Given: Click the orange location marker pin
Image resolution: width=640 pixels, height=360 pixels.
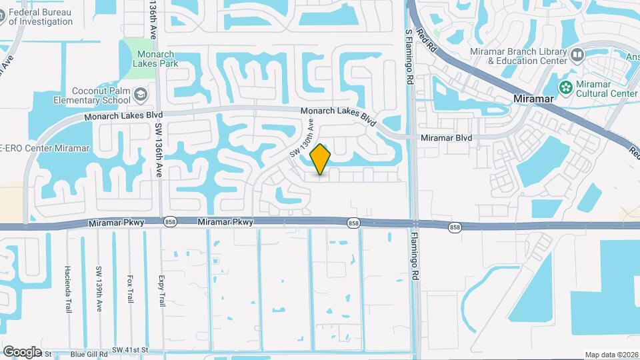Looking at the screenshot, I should pyautogui.click(x=321, y=159).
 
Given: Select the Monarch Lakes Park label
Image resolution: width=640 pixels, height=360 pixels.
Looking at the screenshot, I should pyautogui.click(x=155, y=59).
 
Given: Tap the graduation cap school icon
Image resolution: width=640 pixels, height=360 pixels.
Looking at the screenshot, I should pyautogui.click(x=141, y=96).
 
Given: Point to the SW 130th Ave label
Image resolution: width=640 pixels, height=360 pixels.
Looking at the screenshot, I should pyautogui.click(x=301, y=139).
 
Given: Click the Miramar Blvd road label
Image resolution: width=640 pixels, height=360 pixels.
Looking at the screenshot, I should pyautogui.click(x=447, y=138).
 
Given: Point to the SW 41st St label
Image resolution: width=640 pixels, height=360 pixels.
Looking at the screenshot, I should pyautogui.click(x=129, y=349).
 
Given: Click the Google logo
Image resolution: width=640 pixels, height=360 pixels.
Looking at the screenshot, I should pyautogui.click(x=22, y=351).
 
